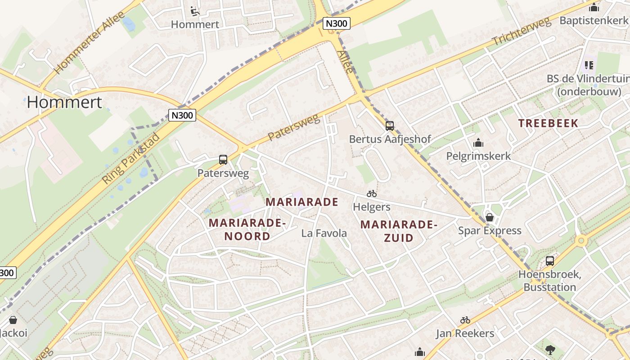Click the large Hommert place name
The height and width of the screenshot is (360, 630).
click(64, 102)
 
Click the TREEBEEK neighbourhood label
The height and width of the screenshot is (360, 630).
click(548, 123)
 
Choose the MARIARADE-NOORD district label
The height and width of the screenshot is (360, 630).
click(247, 229)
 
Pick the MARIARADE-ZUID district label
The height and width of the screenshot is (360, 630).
click(399, 231)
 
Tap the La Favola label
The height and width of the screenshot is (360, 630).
click(324, 233)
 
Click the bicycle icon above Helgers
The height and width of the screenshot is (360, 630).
click(372, 194)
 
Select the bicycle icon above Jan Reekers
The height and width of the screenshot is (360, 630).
click(465, 320)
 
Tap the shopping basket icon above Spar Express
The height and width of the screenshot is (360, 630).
click(490, 218)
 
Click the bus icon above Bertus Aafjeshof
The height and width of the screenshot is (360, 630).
click(390, 126)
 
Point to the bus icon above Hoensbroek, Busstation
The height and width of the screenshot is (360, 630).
click(549, 261)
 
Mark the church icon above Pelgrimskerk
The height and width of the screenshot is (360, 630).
click(478, 143)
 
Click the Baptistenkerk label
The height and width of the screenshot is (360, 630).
click(594, 21)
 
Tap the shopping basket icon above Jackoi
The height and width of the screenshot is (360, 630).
click(13, 320)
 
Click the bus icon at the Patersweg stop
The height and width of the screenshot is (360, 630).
click(223, 159)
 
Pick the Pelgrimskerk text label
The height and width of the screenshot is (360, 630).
click(478, 156)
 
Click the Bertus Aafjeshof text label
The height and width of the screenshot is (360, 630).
click(390, 139)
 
